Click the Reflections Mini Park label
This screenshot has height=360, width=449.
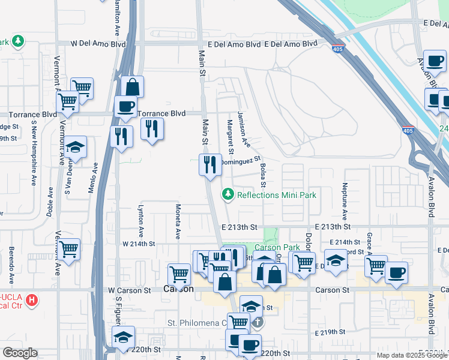click(276, 195)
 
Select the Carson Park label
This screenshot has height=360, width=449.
click(277, 247)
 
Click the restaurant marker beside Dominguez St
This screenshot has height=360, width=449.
click(209, 164)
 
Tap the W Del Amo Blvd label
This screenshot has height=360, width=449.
click(98, 44)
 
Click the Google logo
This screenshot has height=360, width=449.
click(20, 353)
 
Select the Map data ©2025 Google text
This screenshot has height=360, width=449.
click(411, 355)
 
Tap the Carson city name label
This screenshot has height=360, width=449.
click(179, 289)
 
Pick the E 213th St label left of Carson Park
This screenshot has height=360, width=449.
click(239, 227)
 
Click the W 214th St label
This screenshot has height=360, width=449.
click(139, 244)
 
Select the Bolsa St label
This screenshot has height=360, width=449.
click(263, 177)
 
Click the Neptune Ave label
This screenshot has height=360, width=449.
click(345, 201)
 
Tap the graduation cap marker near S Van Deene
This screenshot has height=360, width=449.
click(75, 147)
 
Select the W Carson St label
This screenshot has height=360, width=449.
click(130, 290)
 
